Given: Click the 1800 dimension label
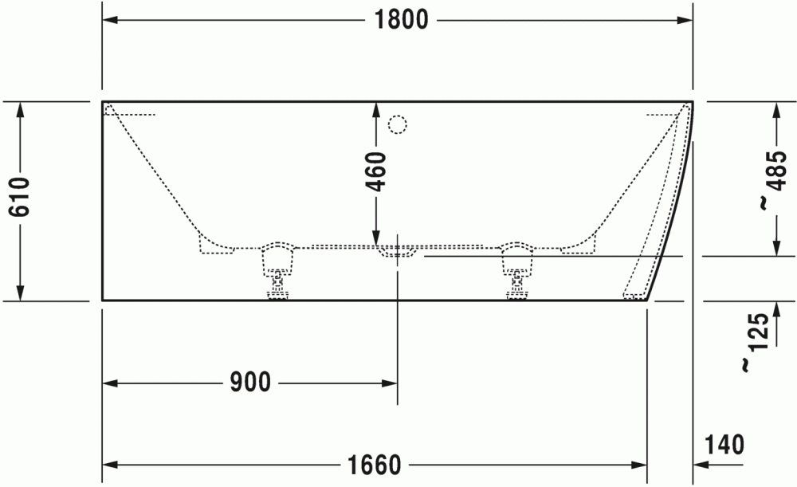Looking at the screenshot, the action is pos(401,21).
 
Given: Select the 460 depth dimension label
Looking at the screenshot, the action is pos(377,172).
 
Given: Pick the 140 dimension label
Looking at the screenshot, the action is pos(724,445).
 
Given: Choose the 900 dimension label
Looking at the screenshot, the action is pos(250,383).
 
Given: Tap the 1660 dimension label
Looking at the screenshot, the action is pos(374,465).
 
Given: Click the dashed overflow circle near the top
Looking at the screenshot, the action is pos(398,124).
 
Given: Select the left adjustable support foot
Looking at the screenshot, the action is pos(277,271).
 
